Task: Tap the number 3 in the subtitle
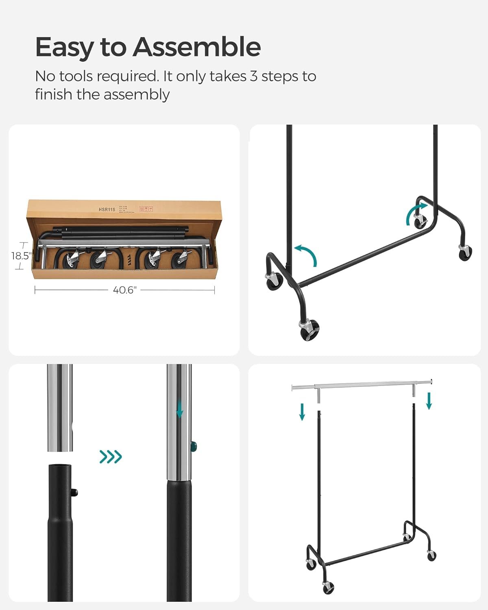coord(253,76)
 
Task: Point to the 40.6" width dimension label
coord(124,290)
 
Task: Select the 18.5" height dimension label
coord(20,256)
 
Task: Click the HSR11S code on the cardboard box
coord(107,209)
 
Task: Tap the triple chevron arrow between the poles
coord(111,457)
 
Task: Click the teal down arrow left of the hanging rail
coord(302,411)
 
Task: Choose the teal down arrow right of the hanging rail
coord(429,401)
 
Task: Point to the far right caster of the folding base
coord(465,254)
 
